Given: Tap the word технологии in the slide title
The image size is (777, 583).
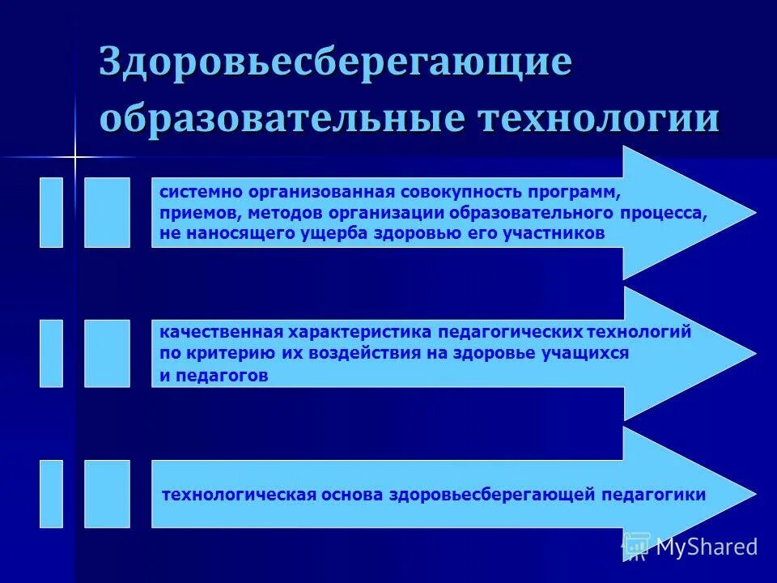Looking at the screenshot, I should pyautogui.click(x=598, y=118).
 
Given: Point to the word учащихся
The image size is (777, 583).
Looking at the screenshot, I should pyautogui.click(x=588, y=354).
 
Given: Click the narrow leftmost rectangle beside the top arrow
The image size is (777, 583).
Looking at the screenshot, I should pyautogui.click(x=51, y=212).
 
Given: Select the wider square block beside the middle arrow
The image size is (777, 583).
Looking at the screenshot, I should pyautogui.click(x=107, y=353).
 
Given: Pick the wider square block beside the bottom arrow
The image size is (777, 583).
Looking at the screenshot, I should pyautogui.click(x=107, y=494).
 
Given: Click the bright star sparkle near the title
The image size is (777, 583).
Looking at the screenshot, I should pyautogui.click(x=74, y=156).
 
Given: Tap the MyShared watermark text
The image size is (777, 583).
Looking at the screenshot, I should pyautogui.click(x=706, y=547).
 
